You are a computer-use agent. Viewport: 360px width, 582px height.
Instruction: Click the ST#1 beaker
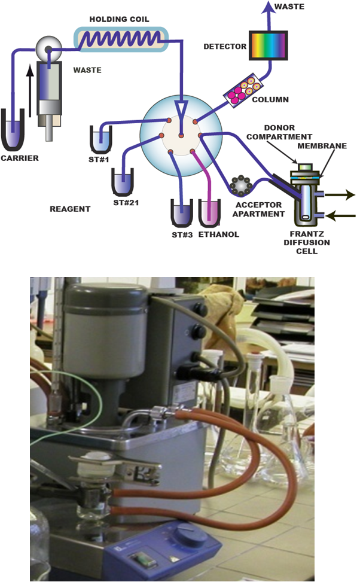100,139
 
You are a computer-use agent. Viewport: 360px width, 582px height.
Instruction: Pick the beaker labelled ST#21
123,181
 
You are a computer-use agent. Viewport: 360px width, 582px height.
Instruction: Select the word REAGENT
70,209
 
